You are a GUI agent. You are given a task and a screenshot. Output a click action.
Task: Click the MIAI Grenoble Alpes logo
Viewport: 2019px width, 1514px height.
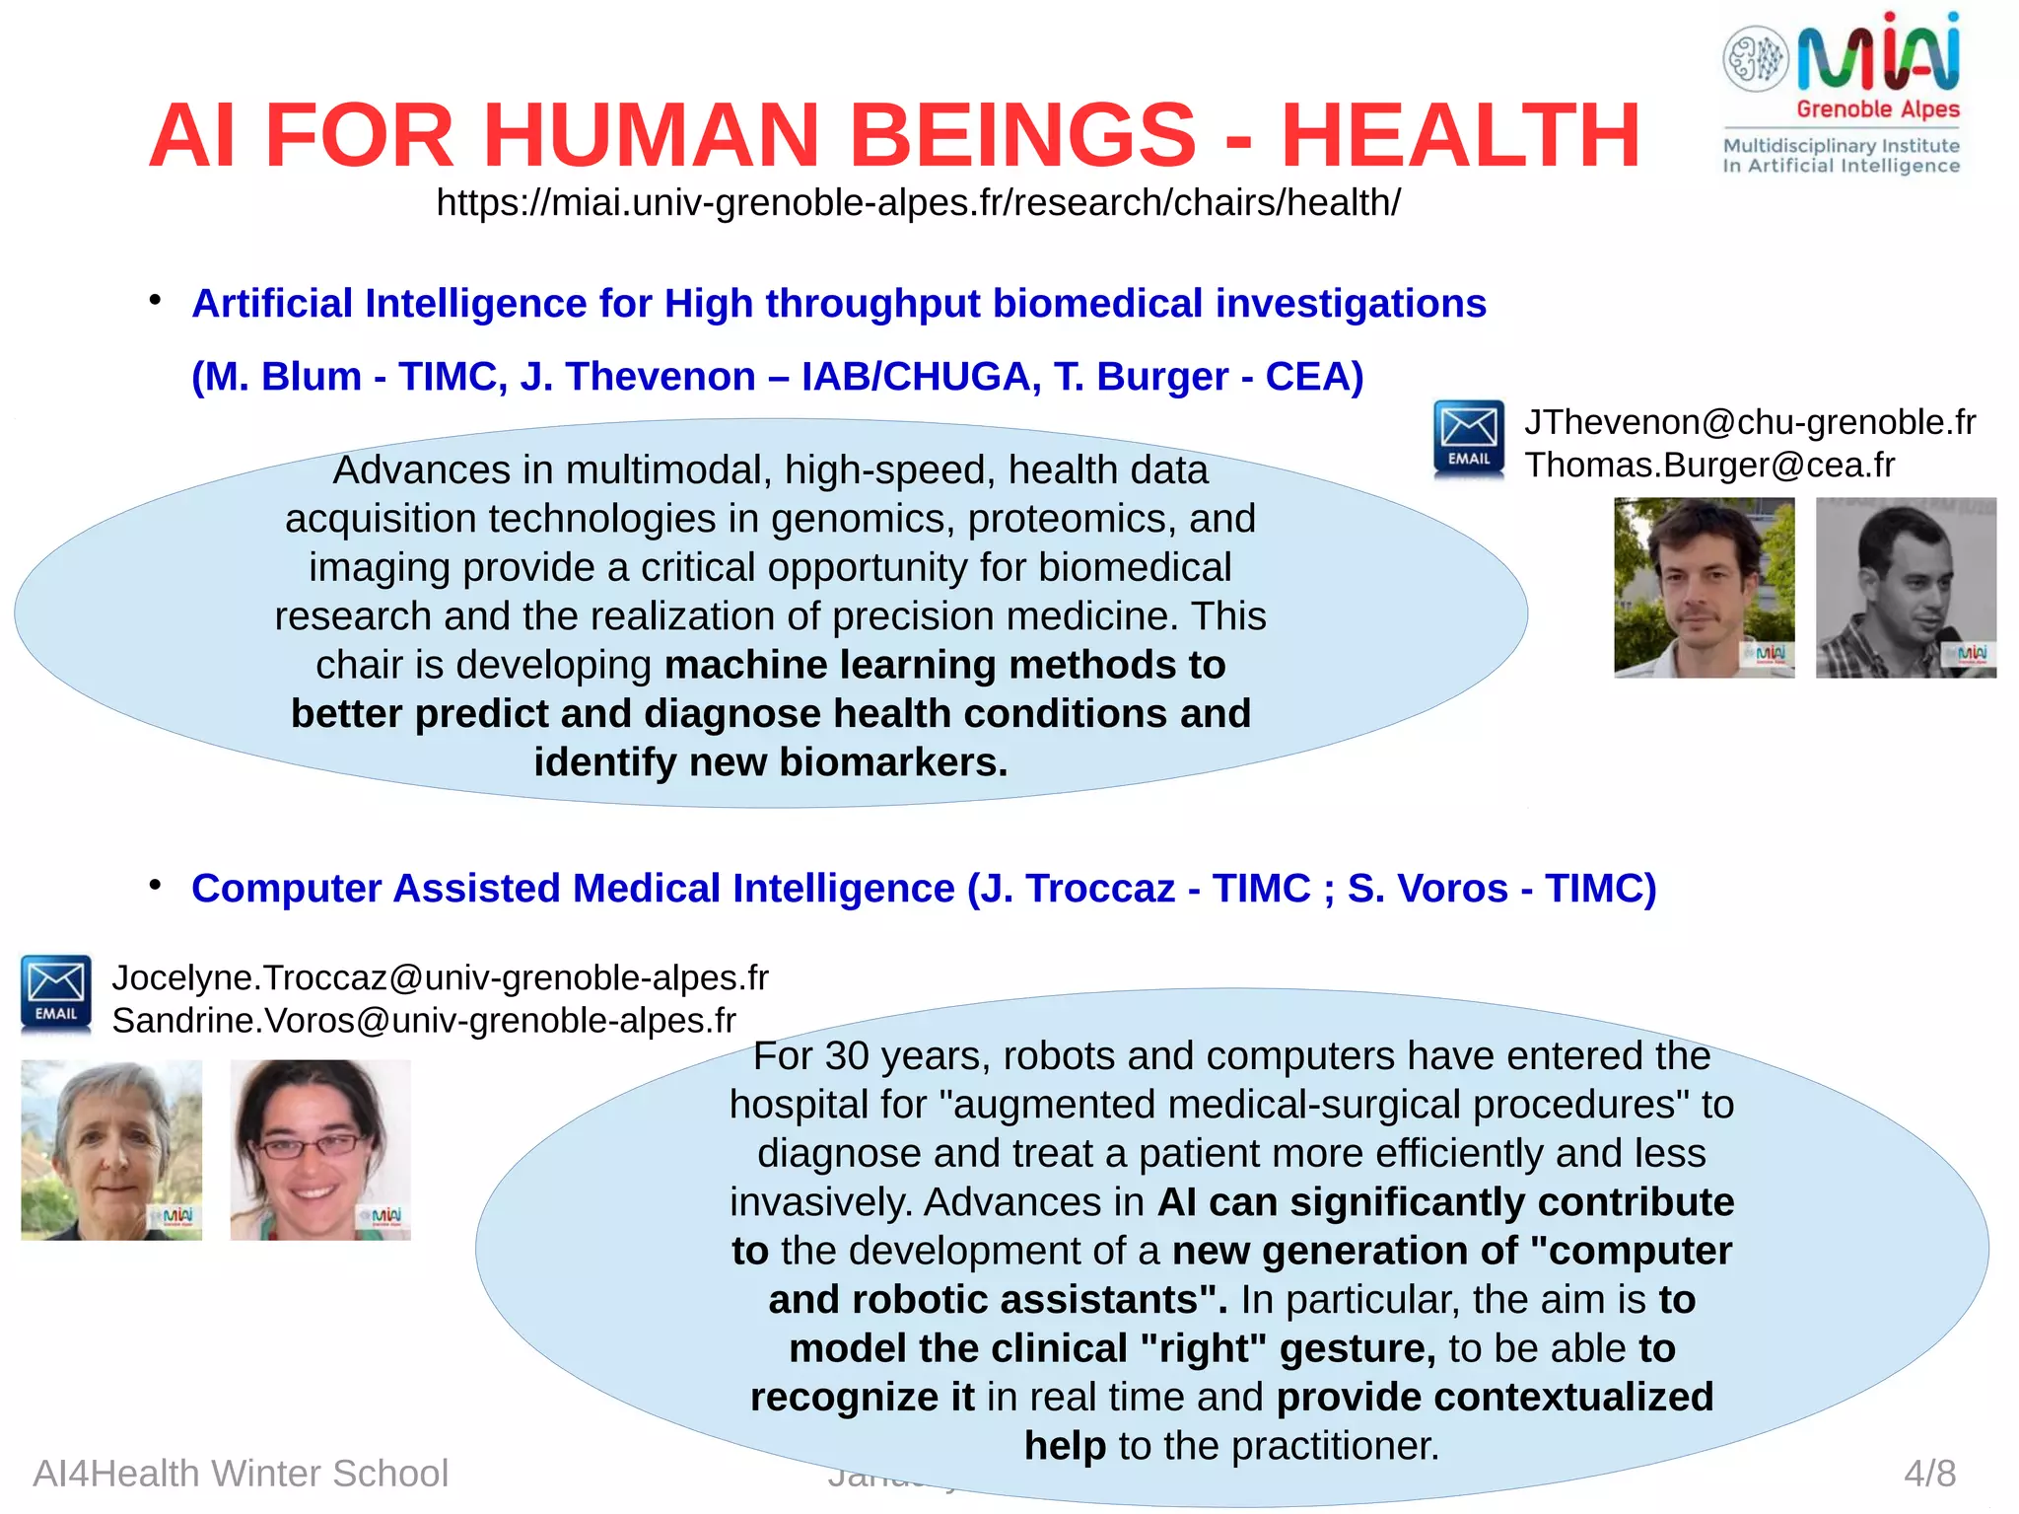(1842, 94)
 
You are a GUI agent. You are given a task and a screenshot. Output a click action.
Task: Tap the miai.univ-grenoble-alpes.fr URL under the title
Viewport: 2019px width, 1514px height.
(918, 202)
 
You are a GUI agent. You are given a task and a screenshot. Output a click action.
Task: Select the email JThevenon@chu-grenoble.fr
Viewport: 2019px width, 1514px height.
(1750, 422)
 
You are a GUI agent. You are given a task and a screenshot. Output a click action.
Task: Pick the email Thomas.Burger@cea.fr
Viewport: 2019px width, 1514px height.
(1709, 465)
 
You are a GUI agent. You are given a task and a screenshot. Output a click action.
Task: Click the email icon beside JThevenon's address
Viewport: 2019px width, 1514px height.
(1469, 439)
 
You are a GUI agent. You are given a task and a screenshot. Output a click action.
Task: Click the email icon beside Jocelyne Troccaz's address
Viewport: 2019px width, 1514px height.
(56, 994)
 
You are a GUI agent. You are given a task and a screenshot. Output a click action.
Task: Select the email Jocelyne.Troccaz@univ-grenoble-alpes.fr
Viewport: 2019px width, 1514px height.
(440, 977)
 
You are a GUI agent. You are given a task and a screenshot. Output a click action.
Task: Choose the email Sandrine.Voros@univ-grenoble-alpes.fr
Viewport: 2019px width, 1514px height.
(424, 1020)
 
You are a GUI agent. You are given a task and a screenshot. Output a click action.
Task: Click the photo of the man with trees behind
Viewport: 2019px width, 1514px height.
(1704, 588)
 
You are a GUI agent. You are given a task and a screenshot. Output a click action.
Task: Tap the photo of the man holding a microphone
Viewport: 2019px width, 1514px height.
(1906, 588)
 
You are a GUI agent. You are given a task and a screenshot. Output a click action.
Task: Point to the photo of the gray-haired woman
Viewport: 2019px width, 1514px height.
(111, 1150)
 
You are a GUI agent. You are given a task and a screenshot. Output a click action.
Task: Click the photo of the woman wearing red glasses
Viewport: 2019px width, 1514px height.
(320, 1150)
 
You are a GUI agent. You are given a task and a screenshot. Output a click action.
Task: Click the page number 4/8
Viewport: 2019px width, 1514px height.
(1929, 1473)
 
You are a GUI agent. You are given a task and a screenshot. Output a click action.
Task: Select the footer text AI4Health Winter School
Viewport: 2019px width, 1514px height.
(241, 1473)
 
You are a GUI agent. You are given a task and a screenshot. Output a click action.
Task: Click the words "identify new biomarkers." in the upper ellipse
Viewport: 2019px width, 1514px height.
(771, 762)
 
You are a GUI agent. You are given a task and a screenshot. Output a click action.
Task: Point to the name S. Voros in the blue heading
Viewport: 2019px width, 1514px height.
(1427, 888)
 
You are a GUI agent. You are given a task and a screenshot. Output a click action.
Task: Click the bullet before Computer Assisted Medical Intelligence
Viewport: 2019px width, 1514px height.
(155, 885)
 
